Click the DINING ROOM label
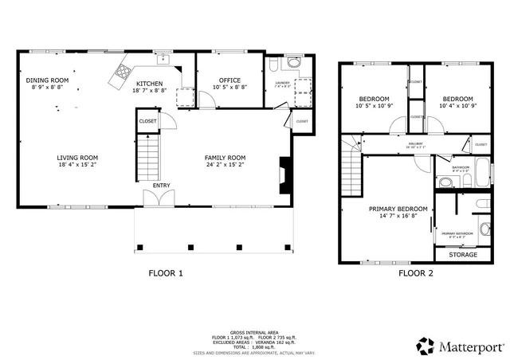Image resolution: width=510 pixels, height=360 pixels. (x=47, y=80)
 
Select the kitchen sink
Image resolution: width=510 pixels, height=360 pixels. (x=163, y=58)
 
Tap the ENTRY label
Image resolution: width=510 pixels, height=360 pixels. (x=162, y=186)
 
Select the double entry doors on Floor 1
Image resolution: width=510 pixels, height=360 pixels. (x=156, y=198)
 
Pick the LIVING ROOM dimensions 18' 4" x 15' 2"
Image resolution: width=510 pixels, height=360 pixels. (x=76, y=166)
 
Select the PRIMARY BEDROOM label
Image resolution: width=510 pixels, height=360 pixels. (x=398, y=209)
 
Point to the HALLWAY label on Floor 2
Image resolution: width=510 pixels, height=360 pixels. (x=393, y=144)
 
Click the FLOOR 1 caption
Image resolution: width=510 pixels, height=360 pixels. (x=166, y=273)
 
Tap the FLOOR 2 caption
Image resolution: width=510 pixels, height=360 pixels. (x=415, y=273)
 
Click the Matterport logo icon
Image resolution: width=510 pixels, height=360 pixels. (x=425, y=346)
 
